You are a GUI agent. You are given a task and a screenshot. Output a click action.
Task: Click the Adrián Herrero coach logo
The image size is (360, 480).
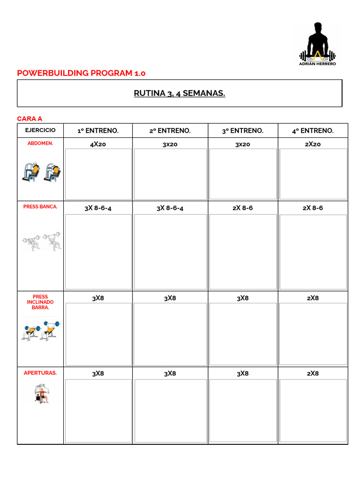pos(317,45)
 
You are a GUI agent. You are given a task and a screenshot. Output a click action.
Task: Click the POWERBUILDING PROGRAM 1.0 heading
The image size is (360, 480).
pos(81,73)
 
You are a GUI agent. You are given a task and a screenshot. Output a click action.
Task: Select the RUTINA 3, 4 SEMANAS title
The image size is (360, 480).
pos(180,93)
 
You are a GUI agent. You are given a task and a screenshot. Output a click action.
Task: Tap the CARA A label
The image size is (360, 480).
pos(30,119)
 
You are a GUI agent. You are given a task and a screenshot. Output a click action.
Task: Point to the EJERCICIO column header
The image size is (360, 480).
pos(40,130)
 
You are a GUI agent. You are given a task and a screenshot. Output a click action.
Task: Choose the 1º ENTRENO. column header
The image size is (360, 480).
pos(98,131)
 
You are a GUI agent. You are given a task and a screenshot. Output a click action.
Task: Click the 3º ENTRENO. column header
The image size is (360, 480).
pos(243,131)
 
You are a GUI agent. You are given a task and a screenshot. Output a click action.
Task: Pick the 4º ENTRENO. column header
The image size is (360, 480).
pos(313,131)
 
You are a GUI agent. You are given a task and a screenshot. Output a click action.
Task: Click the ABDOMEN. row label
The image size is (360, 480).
pos(40,143)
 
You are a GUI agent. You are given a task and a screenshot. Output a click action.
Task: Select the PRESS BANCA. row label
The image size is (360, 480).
pos(40,207)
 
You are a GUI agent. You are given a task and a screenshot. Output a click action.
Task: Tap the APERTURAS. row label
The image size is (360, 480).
pos(40,373)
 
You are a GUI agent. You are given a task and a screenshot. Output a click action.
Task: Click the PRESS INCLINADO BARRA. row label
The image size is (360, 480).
pos(40,302)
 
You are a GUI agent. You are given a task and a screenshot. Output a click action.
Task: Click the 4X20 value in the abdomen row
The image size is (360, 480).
pos(98,144)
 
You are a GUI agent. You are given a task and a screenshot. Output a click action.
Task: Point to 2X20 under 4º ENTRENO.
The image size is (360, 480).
pos(313,144)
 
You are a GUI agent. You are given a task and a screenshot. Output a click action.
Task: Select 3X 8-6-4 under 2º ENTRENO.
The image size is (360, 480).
pos(170,208)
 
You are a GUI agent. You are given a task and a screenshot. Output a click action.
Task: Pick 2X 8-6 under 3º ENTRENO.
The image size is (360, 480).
pos(243,208)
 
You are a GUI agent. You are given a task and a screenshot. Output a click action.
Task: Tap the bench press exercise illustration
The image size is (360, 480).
pos(41,241)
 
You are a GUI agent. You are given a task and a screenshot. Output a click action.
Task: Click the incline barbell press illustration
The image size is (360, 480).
pos(40,330)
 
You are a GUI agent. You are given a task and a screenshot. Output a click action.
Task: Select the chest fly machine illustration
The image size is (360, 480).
pos(41,394)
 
